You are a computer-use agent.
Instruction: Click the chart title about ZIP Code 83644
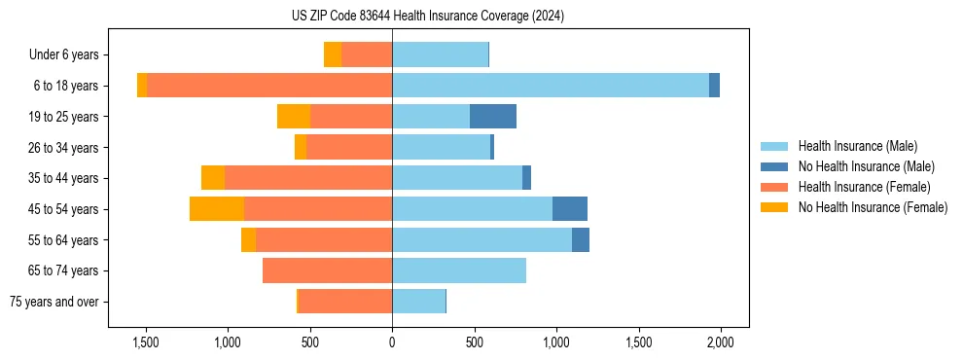click(x=427, y=17)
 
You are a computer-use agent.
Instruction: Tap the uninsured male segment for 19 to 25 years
click(x=493, y=117)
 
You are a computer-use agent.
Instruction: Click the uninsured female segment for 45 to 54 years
click(x=217, y=209)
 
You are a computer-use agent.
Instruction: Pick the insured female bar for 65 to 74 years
click(x=327, y=270)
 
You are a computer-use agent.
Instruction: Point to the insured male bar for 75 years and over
click(x=418, y=302)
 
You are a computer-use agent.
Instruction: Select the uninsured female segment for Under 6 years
click(x=333, y=54)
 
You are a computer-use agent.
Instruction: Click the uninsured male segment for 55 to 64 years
click(x=581, y=240)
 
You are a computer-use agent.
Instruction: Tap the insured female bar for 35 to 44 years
click(x=308, y=178)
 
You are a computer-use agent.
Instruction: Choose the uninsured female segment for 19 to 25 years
click(x=294, y=117)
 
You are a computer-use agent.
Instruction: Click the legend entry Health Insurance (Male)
click(x=857, y=146)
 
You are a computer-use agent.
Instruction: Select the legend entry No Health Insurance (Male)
click(x=866, y=166)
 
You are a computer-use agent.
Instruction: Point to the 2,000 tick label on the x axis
click(x=720, y=342)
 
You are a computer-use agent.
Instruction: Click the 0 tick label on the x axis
click(x=392, y=342)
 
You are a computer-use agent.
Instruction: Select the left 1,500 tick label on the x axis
click(x=146, y=342)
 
